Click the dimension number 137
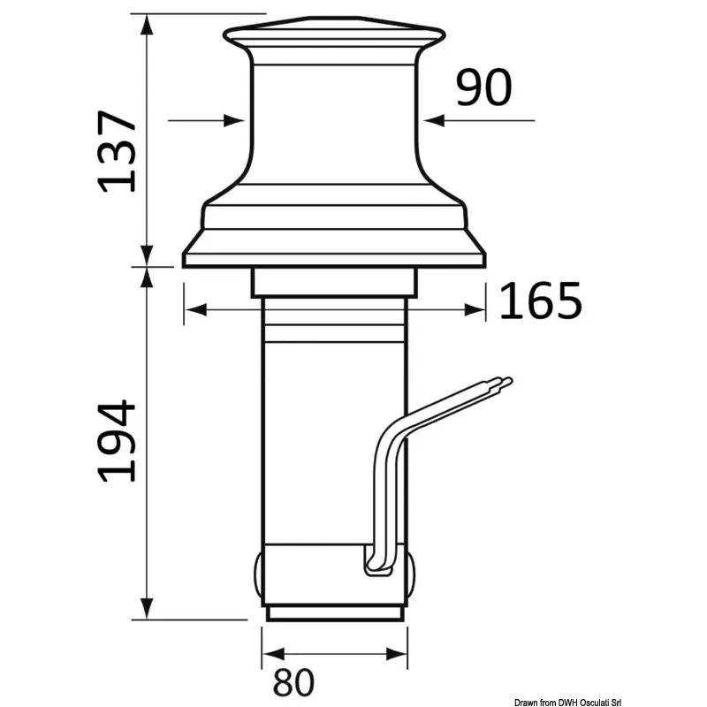click(x=118, y=151)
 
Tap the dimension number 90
click(x=483, y=87)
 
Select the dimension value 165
click(x=541, y=300)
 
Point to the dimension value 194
click(x=117, y=441)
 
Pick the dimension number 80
click(x=293, y=682)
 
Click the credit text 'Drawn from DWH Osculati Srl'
click(x=567, y=703)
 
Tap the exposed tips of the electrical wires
click(x=504, y=383)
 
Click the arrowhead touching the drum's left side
click(x=234, y=121)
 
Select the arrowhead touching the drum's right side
click(x=434, y=120)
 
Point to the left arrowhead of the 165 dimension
click(x=195, y=310)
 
